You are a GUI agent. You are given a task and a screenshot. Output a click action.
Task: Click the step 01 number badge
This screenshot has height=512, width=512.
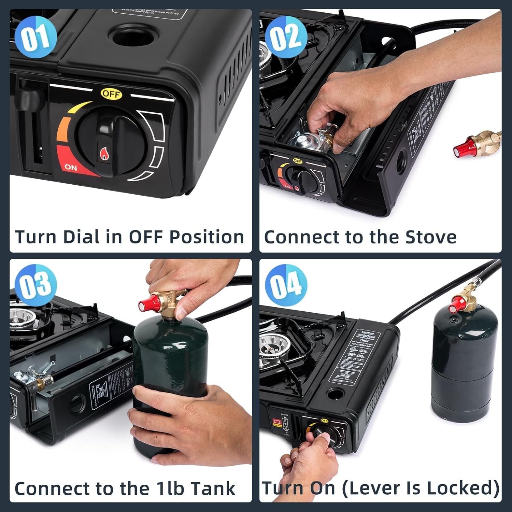36,37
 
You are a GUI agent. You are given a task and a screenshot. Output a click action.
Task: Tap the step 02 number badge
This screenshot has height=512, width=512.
286,37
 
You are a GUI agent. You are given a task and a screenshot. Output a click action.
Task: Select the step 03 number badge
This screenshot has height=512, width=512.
36,284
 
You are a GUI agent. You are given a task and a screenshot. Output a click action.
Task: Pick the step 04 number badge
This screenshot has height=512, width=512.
286,284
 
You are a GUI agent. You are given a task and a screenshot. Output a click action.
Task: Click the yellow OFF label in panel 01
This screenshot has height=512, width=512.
111,94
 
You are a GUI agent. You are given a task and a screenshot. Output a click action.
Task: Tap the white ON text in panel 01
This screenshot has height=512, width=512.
71,167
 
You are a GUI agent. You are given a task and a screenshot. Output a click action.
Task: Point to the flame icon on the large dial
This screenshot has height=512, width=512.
103,154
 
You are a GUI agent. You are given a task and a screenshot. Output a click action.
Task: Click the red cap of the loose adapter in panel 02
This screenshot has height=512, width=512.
461,149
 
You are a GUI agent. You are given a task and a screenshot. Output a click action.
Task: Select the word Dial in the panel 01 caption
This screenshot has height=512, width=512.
82,237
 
